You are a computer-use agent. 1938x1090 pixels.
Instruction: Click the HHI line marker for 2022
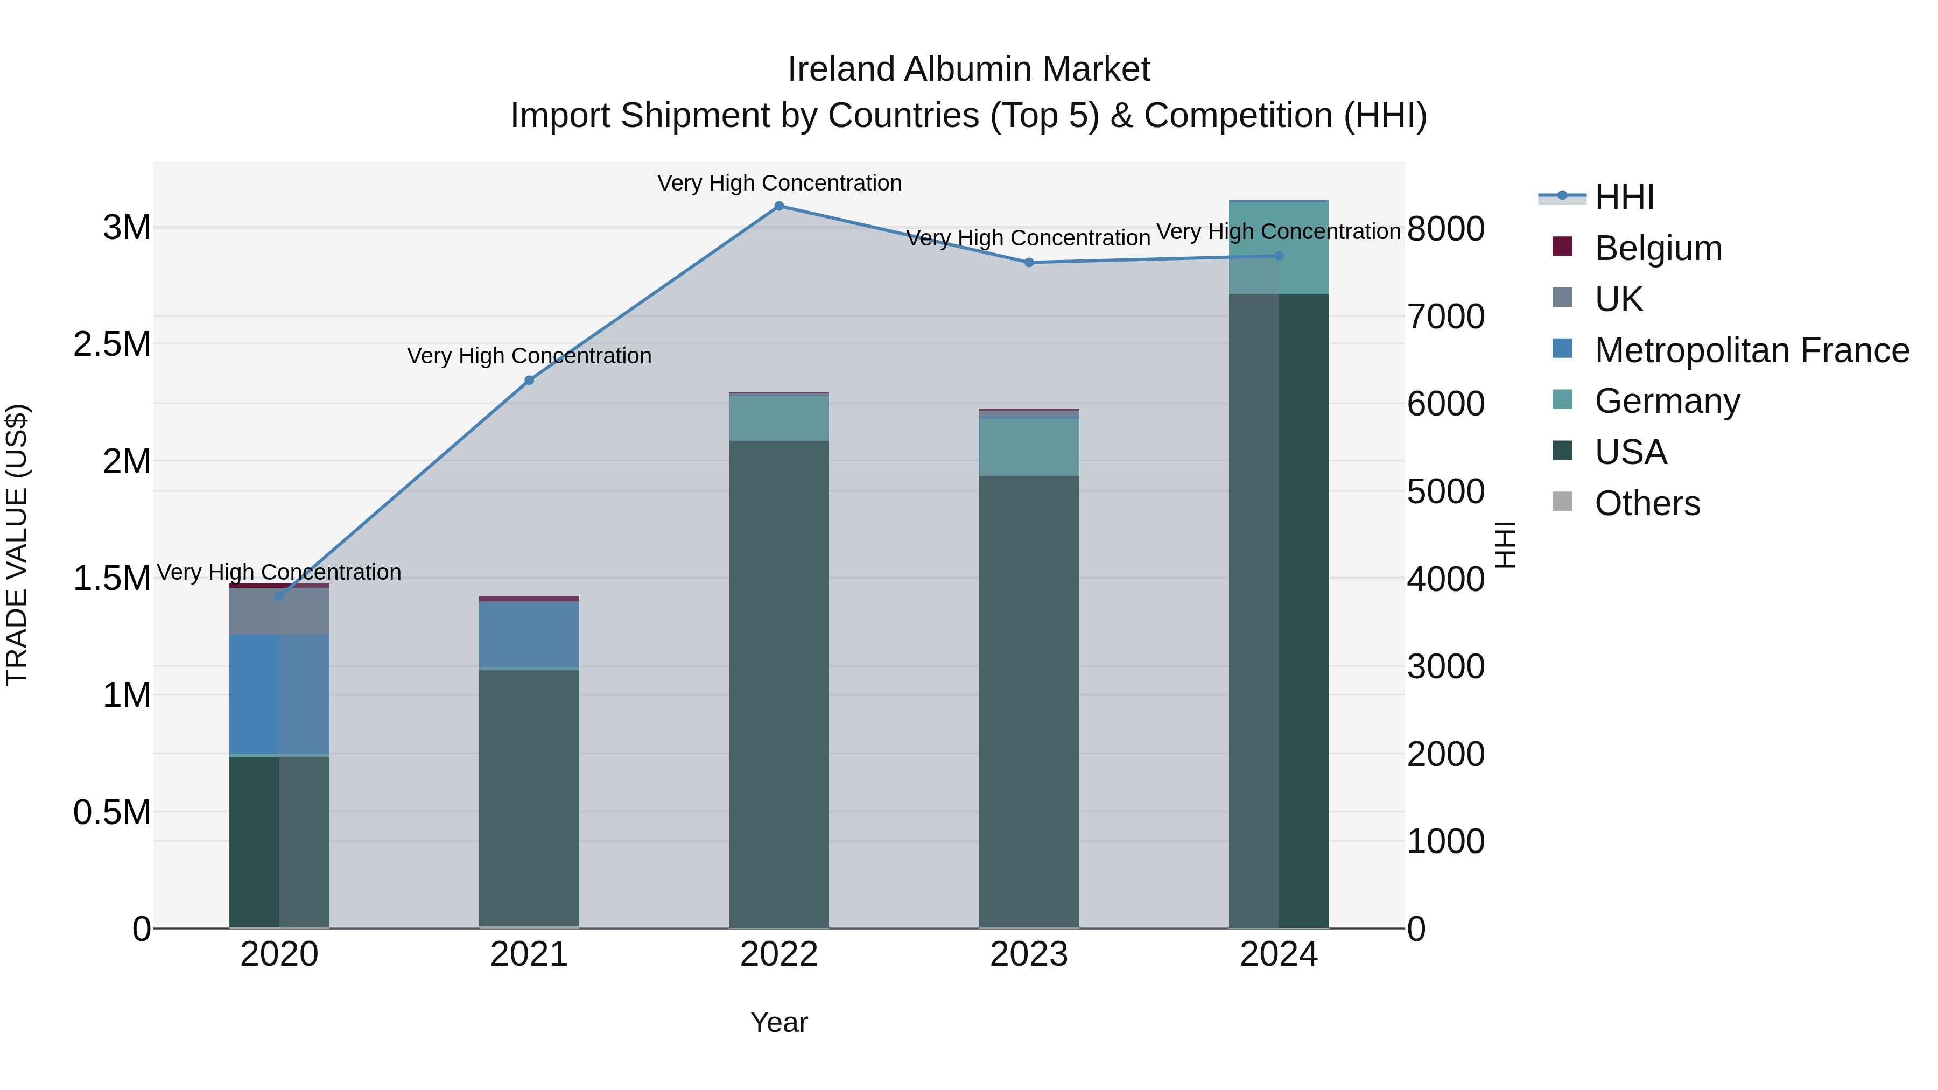[778, 206]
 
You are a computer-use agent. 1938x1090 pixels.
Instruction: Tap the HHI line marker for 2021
[529, 381]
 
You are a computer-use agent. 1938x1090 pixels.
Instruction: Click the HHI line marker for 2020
[279, 596]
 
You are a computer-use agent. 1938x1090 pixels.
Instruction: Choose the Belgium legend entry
[1658, 248]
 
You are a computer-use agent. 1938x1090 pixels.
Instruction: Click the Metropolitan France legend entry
[1751, 350]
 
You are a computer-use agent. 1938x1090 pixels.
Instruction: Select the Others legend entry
[1647, 503]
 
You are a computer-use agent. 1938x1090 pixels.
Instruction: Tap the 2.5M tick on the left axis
[112, 344]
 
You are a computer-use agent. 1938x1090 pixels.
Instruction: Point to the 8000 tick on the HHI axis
[1445, 229]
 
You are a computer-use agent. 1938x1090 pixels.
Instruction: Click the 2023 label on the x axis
[1028, 954]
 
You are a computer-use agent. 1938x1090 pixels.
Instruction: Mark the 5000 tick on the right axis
[1445, 491]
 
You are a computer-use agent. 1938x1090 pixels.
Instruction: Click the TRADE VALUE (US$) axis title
[17, 545]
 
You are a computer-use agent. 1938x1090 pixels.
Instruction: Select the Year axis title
[778, 1022]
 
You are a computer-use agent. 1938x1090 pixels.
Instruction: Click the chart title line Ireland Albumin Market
[968, 69]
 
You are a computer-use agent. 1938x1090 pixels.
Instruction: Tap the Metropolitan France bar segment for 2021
[529, 634]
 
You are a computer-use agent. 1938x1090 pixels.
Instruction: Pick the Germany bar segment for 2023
[1028, 447]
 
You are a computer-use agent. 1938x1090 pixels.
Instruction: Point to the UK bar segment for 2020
[279, 611]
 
